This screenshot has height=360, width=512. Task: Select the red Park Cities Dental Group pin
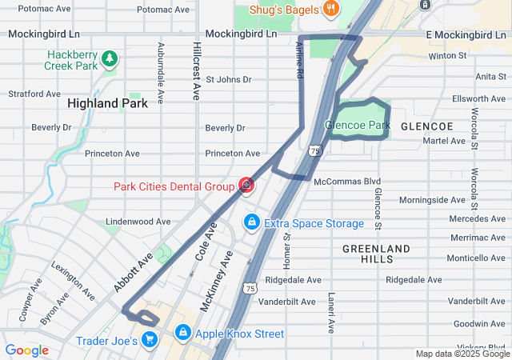click(246, 186)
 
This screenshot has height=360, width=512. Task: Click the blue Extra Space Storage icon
click(251, 221)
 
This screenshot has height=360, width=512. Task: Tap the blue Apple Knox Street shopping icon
click(183, 331)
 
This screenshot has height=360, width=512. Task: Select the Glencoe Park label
click(358, 126)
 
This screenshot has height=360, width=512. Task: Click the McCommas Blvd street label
click(347, 182)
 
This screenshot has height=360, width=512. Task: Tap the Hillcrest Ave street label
click(196, 71)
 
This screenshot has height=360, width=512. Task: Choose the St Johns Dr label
click(229, 80)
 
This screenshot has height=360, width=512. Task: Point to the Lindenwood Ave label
click(138, 222)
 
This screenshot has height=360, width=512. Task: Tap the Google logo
click(26, 350)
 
